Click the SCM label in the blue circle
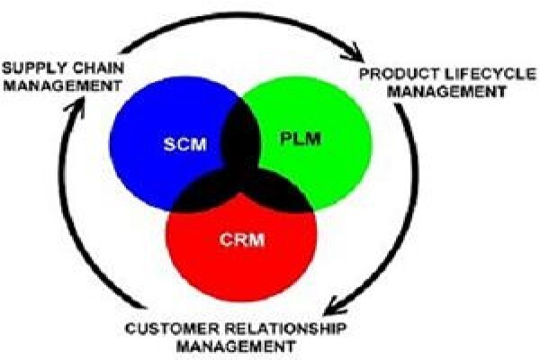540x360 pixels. (x=184, y=144)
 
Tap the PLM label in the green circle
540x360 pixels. (x=301, y=139)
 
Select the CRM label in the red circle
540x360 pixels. (x=242, y=239)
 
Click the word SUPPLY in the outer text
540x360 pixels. (x=34, y=68)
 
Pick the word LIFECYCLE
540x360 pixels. (x=486, y=74)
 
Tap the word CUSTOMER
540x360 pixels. (x=172, y=328)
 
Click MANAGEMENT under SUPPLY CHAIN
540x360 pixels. (x=62, y=85)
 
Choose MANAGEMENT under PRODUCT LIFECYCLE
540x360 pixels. (x=449, y=92)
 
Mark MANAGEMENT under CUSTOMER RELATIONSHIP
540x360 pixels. (x=236, y=346)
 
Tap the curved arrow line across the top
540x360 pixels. (x=241, y=16)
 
